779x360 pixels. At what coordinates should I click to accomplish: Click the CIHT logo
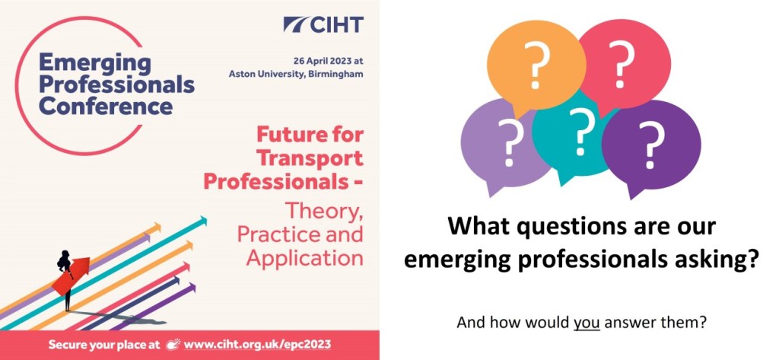pyautogui.click(x=323, y=24)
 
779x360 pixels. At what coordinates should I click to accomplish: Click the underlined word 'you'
pyautogui.click(x=587, y=322)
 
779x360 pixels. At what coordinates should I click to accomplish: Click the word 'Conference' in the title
pyautogui.click(x=106, y=105)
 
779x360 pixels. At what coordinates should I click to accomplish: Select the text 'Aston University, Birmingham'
pyautogui.click(x=296, y=74)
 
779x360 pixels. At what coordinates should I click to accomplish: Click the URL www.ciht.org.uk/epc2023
pyautogui.click(x=257, y=344)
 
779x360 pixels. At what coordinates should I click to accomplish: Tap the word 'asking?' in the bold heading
pyautogui.click(x=716, y=260)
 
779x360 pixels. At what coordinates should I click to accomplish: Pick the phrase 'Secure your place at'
pyautogui.click(x=107, y=344)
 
